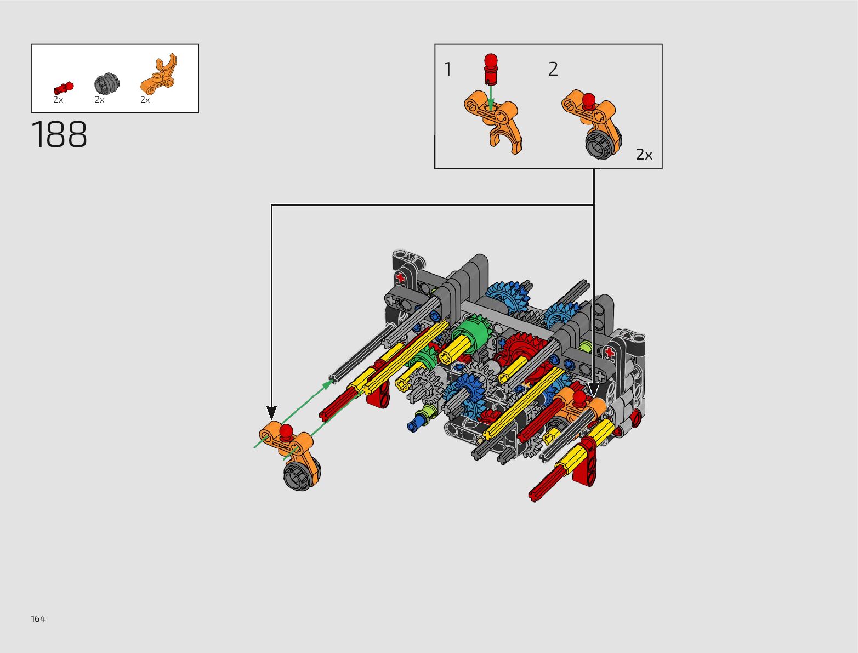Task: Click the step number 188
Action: pos(59,135)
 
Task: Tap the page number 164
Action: pos(38,619)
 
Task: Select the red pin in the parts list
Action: pos(63,88)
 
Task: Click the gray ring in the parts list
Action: pos(106,83)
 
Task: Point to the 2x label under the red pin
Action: pos(58,100)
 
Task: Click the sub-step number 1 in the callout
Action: pos(447,70)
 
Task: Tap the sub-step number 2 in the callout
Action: pos(553,69)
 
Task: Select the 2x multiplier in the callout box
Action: pos(644,155)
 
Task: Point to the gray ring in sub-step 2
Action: pos(600,144)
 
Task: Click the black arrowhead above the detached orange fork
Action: pos(271,412)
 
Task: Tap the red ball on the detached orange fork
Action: pos(286,431)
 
